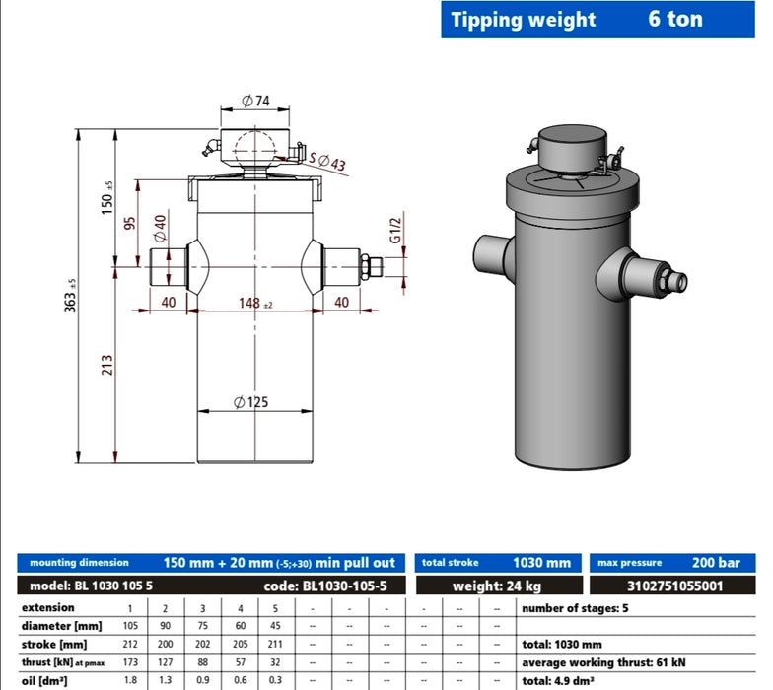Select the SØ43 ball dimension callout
[327, 161]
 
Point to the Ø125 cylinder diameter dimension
[251, 402]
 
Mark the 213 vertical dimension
[107, 365]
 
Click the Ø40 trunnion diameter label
[159, 232]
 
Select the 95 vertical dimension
[129, 222]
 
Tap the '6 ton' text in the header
[675, 20]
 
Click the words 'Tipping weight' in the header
[524, 20]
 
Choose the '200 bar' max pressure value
[716, 563]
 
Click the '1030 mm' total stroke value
[541, 563]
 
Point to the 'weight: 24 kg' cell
[497, 586]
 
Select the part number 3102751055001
[674, 586]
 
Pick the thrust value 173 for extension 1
[129, 662]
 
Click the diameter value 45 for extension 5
[276, 626]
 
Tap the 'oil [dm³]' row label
[45, 680]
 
